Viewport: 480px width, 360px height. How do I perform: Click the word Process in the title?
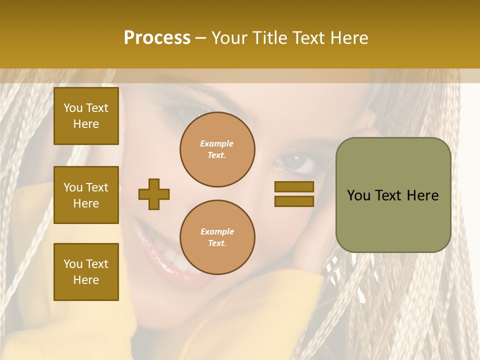(x=157, y=37)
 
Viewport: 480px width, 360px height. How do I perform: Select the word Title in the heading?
(x=269, y=37)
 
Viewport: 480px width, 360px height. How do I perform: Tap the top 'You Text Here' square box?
(x=86, y=116)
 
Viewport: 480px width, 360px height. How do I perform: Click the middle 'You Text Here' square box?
(x=86, y=195)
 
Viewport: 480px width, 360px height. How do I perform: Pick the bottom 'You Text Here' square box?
(x=86, y=272)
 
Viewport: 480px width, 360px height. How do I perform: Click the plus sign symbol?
(x=154, y=194)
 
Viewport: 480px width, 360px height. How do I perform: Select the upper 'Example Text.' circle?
(x=217, y=149)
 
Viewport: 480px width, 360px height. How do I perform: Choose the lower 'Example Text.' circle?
(x=217, y=237)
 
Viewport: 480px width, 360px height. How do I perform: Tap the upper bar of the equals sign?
(x=294, y=186)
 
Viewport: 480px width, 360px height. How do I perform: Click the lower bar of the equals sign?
(x=294, y=201)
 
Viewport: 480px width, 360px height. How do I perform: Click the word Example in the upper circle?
(x=216, y=143)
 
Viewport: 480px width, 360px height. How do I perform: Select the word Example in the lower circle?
(x=217, y=231)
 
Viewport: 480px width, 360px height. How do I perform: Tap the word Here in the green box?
(x=422, y=195)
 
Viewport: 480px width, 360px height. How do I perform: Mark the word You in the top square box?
(x=73, y=108)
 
